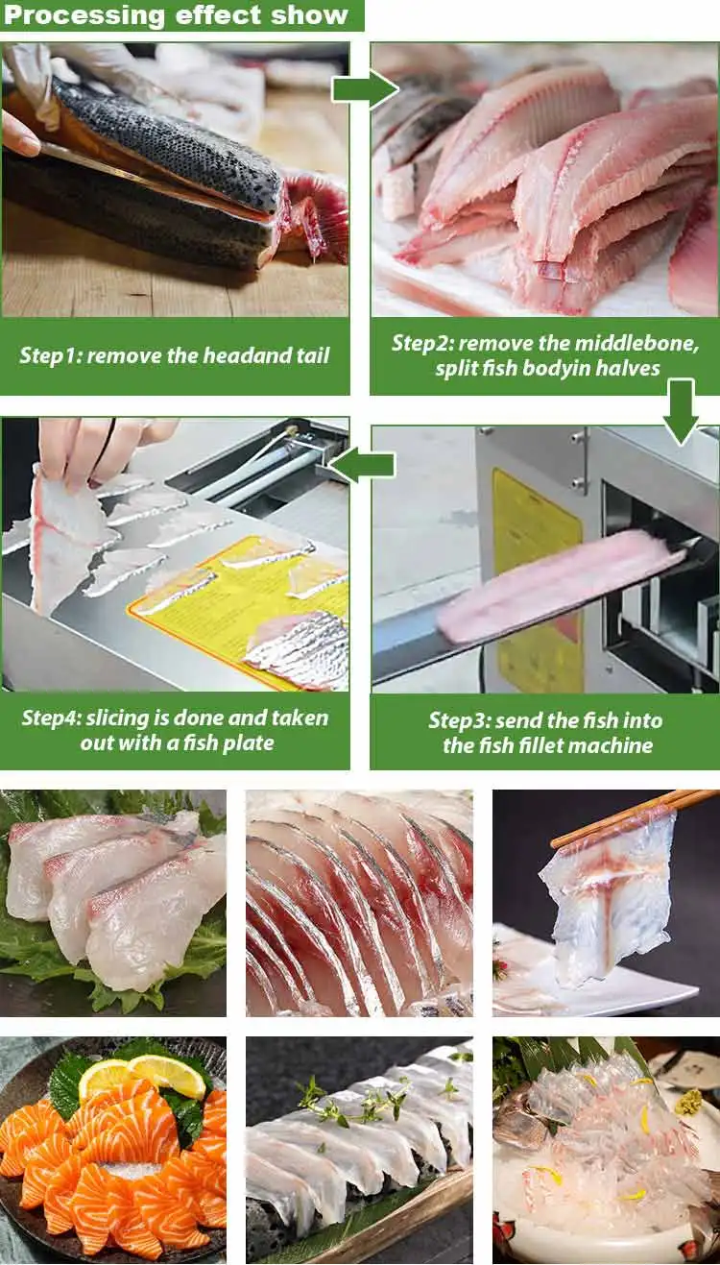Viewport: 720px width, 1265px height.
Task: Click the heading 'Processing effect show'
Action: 177,15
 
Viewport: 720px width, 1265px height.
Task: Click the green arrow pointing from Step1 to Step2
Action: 364,89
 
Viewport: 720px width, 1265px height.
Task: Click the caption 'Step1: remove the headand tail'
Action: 174,355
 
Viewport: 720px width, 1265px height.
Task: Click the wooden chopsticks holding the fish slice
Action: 634,816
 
